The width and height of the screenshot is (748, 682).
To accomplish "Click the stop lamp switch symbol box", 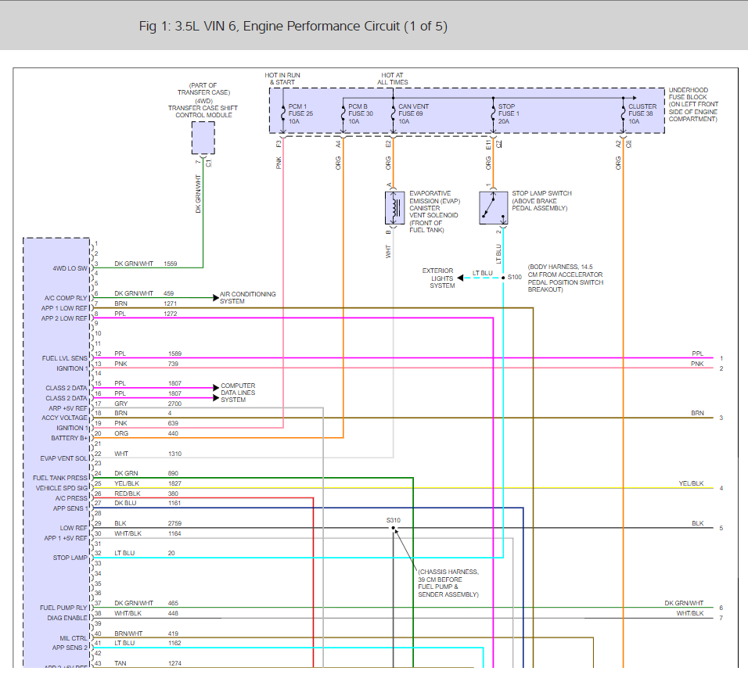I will (x=494, y=208).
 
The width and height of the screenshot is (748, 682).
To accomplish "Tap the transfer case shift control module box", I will (x=203, y=138).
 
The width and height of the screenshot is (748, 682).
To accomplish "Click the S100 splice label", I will (x=514, y=277).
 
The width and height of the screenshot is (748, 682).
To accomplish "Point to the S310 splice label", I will (x=393, y=520).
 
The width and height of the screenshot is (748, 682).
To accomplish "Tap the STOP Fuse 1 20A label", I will (x=508, y=113).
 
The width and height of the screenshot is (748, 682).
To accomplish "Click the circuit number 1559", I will (x=171, y=264).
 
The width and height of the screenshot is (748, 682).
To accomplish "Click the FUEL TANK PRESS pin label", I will (x=61, y=478).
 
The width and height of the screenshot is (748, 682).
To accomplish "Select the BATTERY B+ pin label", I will (x=70, y=438).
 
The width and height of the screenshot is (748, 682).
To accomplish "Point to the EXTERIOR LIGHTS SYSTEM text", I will (x=441, y=278).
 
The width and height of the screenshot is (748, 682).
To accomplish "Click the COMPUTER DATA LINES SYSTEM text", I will (x=238, y=392).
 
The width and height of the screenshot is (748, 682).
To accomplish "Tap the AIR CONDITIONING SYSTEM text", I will (x=247, y=298).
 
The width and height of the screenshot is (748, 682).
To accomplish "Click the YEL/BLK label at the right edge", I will (x=691, y=483).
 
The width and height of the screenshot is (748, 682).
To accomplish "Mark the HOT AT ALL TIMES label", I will (x=393, y=78).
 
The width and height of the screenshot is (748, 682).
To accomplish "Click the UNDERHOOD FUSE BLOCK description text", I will (x=692, y=105).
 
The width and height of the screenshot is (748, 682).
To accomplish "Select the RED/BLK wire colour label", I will (x=128, y=494).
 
